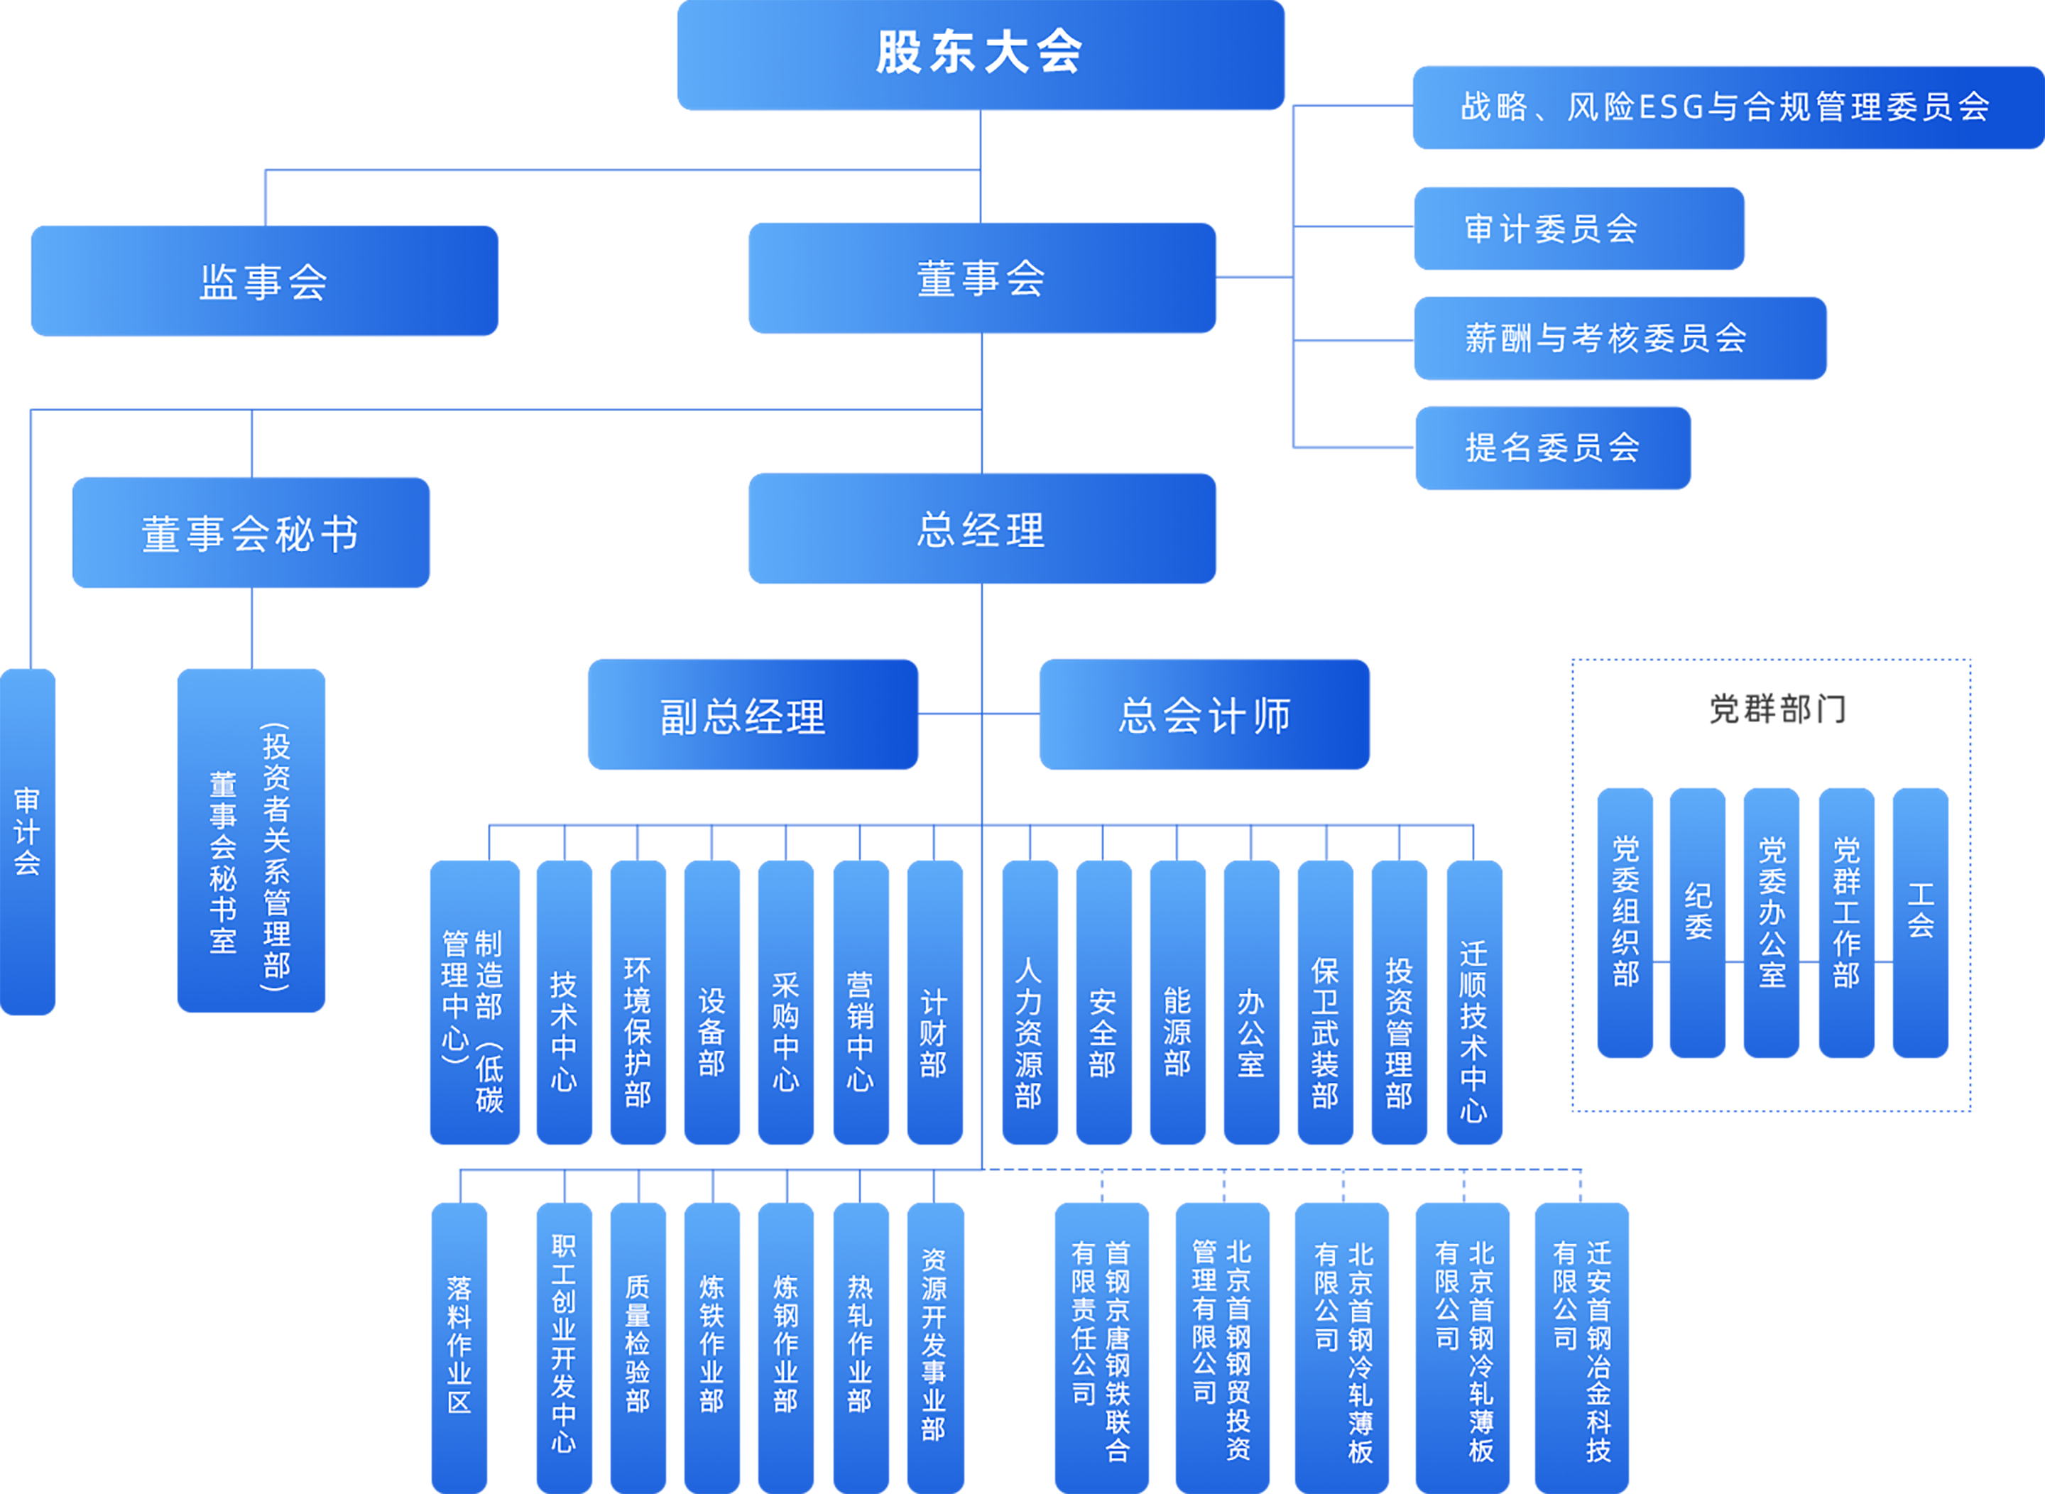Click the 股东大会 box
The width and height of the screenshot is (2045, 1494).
981,54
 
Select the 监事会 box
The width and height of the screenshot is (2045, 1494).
264,281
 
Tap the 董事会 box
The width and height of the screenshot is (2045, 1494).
982,278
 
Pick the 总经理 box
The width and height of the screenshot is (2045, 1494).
982,529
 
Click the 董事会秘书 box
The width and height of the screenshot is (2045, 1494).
251,533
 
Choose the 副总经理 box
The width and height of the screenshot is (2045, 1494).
753,715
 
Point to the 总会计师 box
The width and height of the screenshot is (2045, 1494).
1204,715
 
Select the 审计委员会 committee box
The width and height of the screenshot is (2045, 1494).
1578,229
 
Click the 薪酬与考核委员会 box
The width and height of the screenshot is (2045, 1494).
1620,338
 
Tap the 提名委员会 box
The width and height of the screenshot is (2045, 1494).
1552,447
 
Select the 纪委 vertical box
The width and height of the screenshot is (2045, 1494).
1697,922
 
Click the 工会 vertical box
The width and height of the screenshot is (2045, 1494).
1919,922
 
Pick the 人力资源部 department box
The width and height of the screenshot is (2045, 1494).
1030,1002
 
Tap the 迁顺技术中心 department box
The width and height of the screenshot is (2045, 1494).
1473,1002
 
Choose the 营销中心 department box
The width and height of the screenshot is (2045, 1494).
860,1002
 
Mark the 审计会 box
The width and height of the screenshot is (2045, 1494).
27,841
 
